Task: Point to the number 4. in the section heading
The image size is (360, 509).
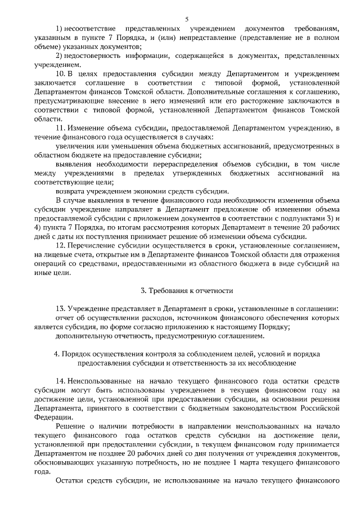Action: click(57, 354)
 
